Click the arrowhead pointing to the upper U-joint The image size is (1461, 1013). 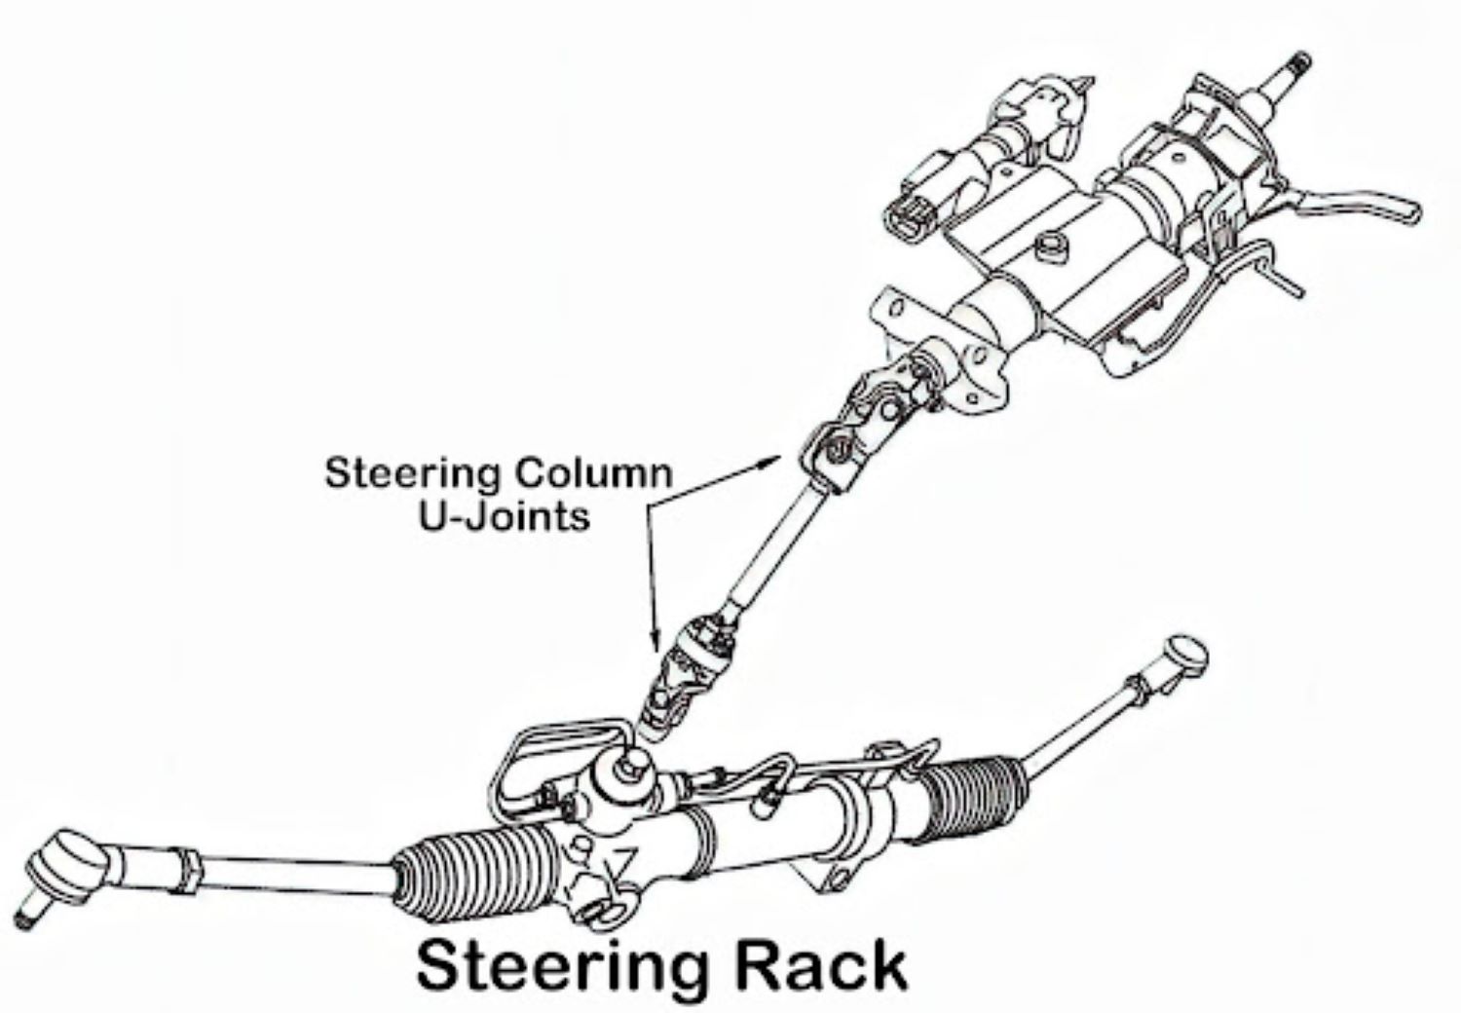pos(774,458)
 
